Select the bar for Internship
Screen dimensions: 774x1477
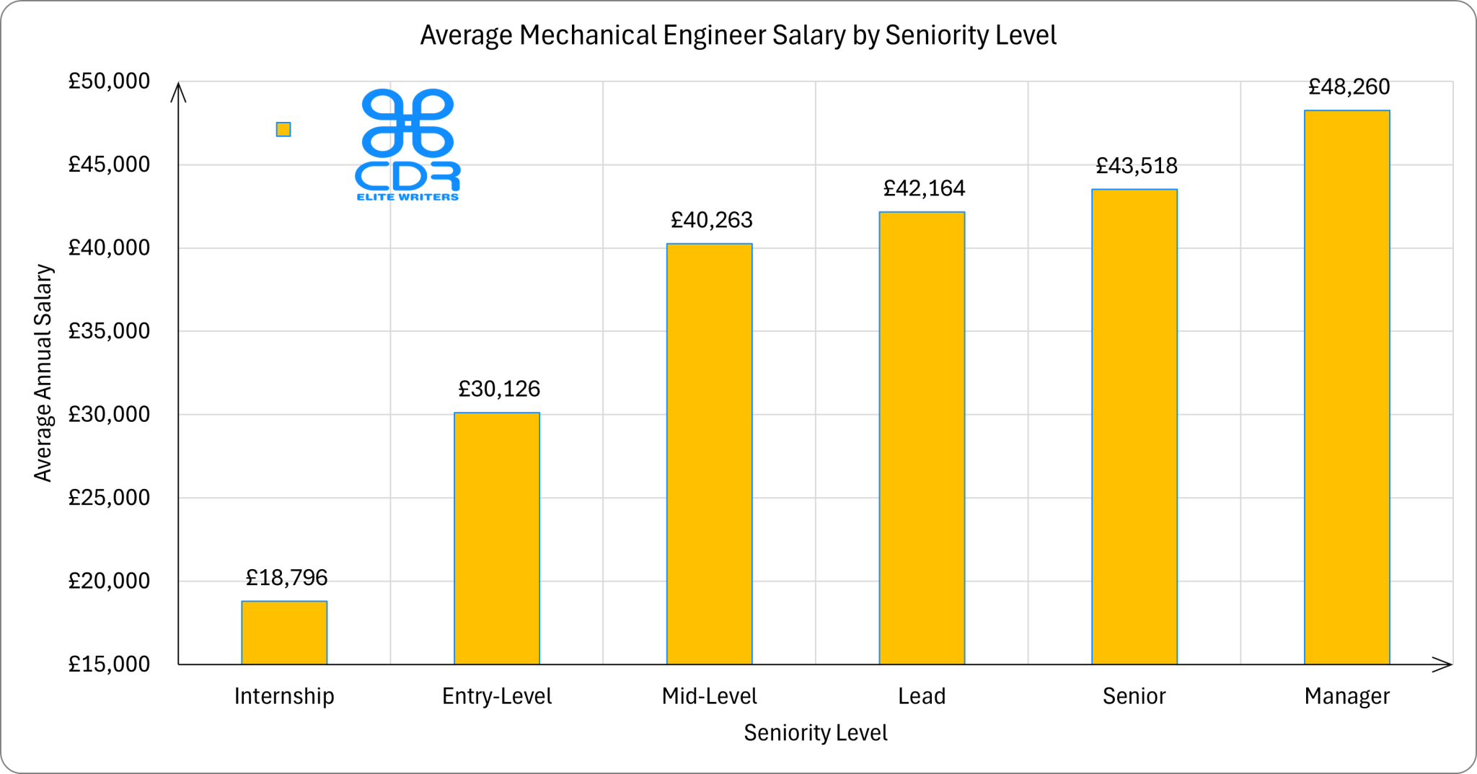pos(284,633)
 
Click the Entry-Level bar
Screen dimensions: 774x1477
pos(497,538)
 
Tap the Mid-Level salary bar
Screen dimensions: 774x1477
pos(709,454)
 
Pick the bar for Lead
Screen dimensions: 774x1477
pos(922,438)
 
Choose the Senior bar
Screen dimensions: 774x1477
pos(1134,426)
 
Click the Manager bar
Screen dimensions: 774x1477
pos(1346,387)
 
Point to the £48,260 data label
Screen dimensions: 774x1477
pos(1349,87)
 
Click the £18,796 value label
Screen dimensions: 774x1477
pos(286,578)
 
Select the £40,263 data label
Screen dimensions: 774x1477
pos(711,220)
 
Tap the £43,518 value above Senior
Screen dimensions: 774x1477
pos(1137,166)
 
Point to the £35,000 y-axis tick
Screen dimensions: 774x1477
pos(109,331)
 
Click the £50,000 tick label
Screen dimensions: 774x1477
pos(109,82)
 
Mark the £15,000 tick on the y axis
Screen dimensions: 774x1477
pos(109,664)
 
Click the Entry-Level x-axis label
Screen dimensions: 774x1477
pos(497,696)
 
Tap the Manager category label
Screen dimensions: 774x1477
pos(1346,696)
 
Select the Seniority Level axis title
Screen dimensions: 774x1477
pos(815,733)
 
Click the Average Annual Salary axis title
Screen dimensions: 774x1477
pos(43,373)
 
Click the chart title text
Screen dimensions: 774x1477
pos(738,35)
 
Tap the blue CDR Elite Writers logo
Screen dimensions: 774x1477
pos(408,144)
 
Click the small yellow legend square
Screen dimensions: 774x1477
pos(283,129)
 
